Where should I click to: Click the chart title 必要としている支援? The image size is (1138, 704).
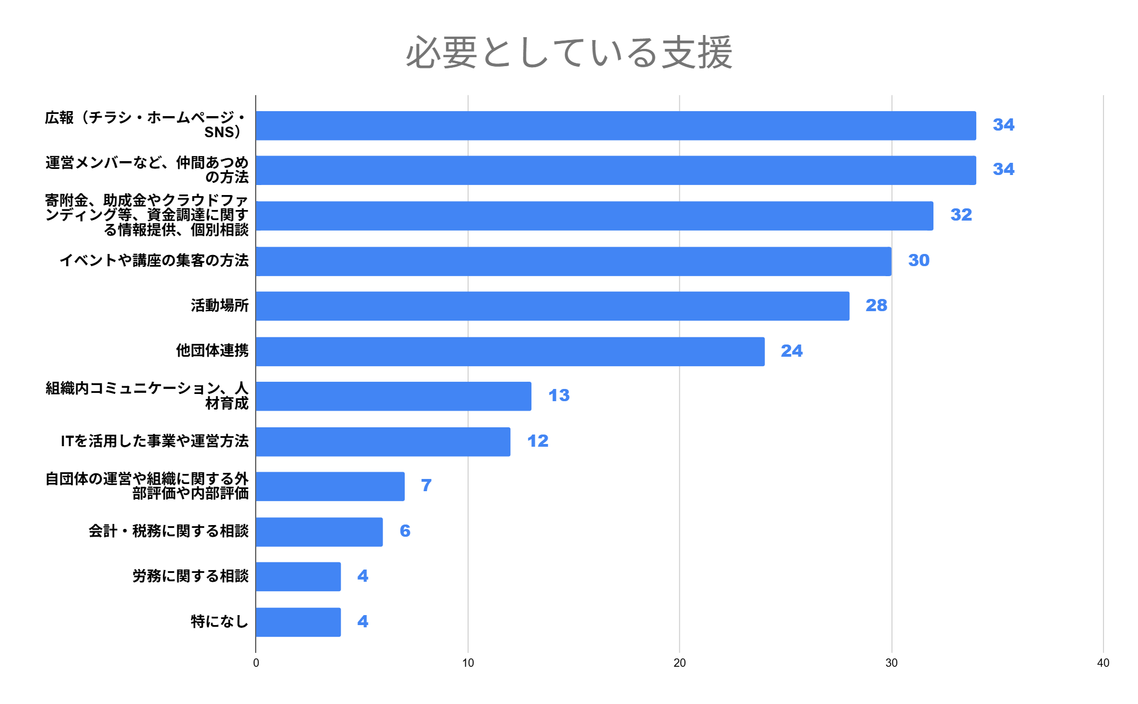569,53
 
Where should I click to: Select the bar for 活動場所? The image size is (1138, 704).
553,306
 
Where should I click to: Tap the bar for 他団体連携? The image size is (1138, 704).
510,351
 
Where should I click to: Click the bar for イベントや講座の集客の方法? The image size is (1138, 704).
573,261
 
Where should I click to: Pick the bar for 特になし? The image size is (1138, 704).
299,622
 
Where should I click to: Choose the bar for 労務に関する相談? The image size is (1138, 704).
299,576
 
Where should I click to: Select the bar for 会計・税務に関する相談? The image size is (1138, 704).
320,532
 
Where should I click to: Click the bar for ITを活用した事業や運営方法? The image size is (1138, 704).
383,442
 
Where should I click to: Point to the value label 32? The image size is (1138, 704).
961,215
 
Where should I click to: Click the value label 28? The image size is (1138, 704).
876,306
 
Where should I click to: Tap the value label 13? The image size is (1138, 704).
559,396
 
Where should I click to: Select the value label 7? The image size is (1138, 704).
426,486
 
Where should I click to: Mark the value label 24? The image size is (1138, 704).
792,351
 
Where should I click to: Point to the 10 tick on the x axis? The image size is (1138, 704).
468,663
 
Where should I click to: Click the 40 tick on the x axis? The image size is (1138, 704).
1103,663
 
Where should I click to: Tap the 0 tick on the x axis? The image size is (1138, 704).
256,663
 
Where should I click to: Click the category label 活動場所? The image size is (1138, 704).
220,306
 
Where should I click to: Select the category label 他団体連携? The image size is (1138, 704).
212,351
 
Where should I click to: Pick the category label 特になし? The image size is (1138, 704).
220,621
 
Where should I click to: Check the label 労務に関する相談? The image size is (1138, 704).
190,576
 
